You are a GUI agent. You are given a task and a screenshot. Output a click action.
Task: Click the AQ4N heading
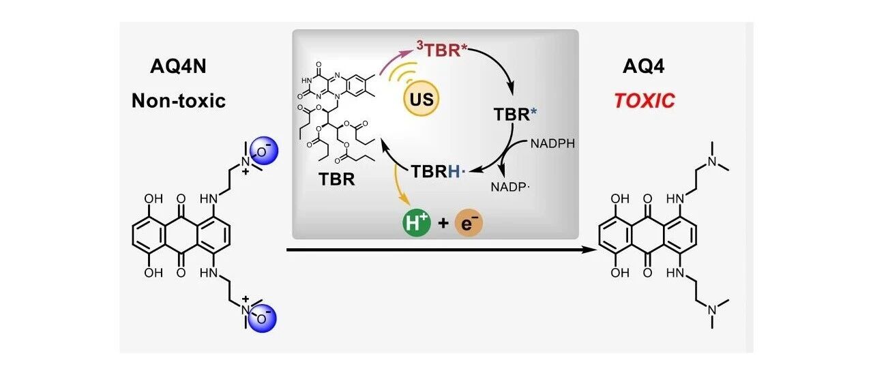pyautogui.click(x=178, y=66)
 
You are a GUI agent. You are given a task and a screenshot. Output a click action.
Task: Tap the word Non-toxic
pyautogui.click(x=179, y=100)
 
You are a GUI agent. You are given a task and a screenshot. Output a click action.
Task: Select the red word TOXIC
pyautogui.click(x=645, y=101)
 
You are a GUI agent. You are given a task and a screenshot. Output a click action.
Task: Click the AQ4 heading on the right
pyautogui.click(x=644, y=66)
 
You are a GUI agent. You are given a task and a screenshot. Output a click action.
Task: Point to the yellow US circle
pyautogui.click(x=421, y=100)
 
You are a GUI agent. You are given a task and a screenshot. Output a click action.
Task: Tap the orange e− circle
pyautogui.click(x=469, y=223)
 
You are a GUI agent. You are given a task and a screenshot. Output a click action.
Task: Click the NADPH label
pyautogui.click(x=552, y=144)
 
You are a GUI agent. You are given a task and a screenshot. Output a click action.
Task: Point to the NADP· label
pyautogui.click(x=510, y=187)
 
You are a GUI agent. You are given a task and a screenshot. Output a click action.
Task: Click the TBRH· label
pyautogui.click(x=439, y=171)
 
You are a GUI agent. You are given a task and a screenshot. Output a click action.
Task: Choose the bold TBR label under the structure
pyautogui.click(x=337, y=179)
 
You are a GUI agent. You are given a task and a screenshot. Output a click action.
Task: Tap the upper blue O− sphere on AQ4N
pyautogui.click(x=263, y=151)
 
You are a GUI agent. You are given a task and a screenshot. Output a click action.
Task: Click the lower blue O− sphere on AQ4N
pyautogui.click(x=263, y=318)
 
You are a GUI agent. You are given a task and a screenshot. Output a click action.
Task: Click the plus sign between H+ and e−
pyautogui.click(x=443, y=223)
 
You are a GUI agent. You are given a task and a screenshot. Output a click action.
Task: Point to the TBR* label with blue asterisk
pyautogui.click(x=515, y=115)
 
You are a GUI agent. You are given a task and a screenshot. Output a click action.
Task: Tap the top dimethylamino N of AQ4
pyautogui.click(x=713, y=162)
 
